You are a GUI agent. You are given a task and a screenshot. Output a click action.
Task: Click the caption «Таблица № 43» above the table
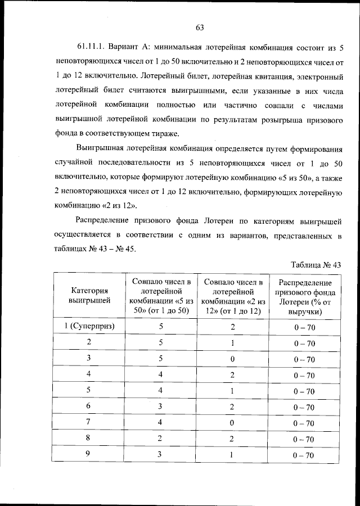pos(317,264)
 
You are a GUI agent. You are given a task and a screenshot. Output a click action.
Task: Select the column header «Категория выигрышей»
pos(89,296)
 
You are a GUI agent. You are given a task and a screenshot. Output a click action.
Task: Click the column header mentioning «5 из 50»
pos(161,296)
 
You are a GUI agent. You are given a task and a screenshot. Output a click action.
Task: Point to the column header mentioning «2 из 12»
pos(233,296)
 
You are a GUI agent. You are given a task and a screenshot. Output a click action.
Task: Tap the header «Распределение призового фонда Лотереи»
pos(305,296)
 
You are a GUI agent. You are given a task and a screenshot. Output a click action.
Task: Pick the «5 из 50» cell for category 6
pos(161,406)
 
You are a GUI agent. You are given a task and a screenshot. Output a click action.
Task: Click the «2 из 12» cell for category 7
pos(233,422)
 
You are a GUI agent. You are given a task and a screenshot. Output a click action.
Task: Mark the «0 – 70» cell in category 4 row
pos(304,374)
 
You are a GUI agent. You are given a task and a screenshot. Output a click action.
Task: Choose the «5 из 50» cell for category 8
pos(161,439)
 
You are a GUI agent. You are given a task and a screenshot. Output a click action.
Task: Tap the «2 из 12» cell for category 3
pos(233,358)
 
